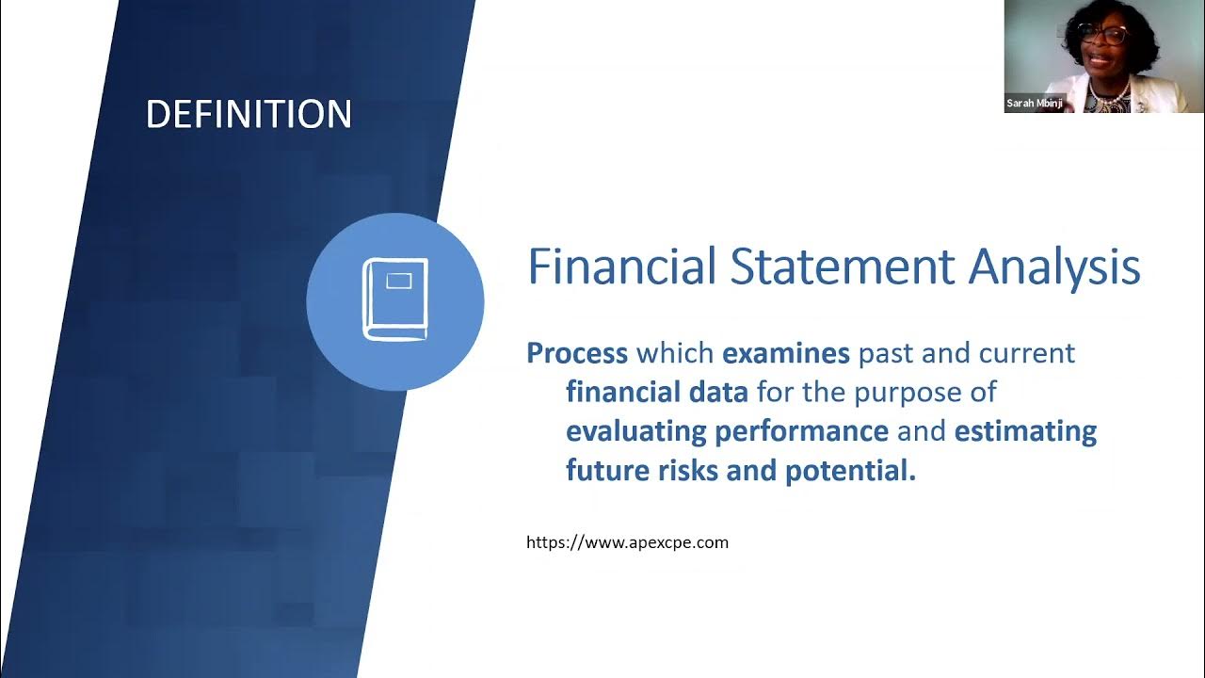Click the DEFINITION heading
click(249, 114)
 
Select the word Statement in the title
click(843, 266)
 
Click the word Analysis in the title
click(1054, 269)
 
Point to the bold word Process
click(577, 353)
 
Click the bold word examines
click(786, 353)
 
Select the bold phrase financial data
click(657, 392)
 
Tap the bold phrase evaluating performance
click(728, 431)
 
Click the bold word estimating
click(1025, 431)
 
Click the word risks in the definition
click(688, 470)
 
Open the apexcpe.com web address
click(627, 542)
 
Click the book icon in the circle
click(395, 299)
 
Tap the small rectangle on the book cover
click(399, 281)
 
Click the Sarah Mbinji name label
click(1035, 103)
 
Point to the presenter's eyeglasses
click(1100, 36)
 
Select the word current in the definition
click(1027, 353)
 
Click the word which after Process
click(675, 353)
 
